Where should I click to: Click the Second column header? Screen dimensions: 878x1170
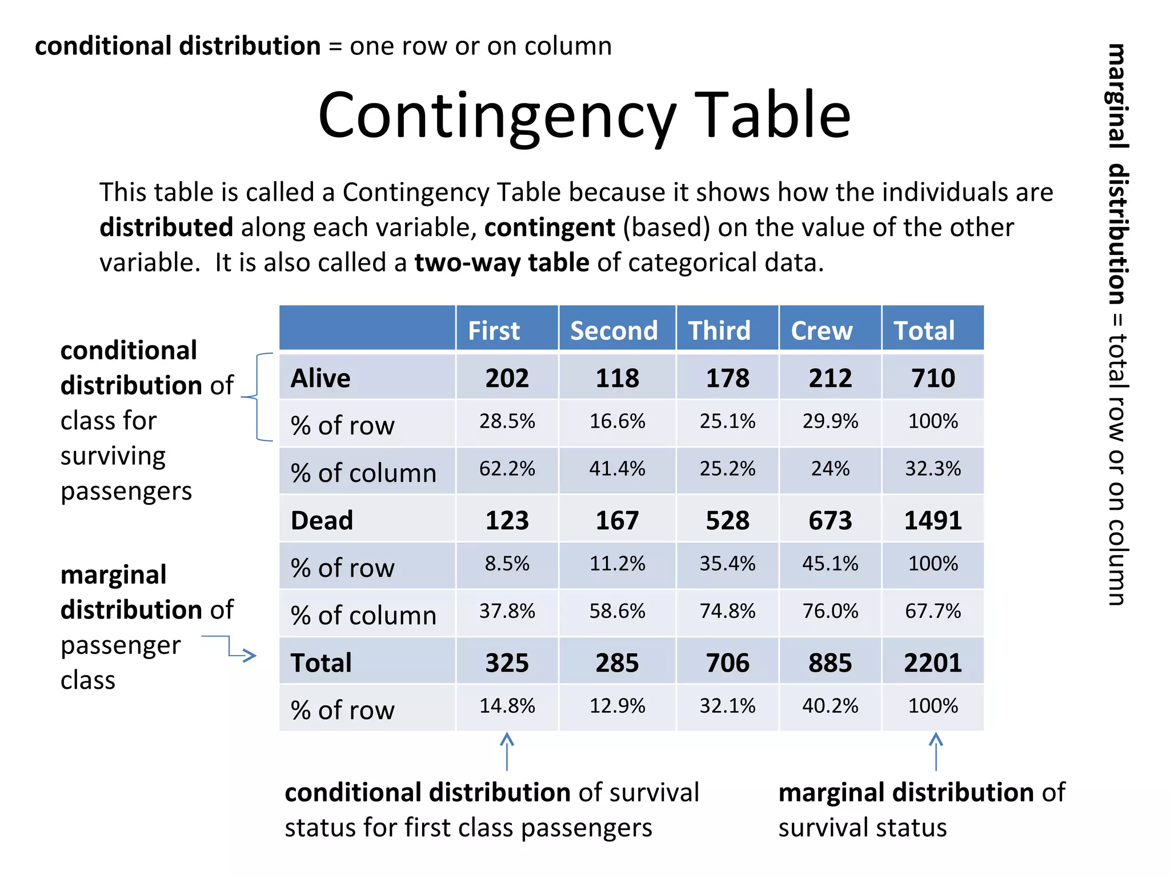click(614, 330)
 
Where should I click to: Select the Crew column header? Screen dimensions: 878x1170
click(822, 330)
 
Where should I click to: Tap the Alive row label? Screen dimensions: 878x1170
click(320, 378)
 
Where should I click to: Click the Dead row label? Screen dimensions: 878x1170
click(322, 520)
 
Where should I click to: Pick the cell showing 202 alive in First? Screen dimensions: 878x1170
click(507, 378)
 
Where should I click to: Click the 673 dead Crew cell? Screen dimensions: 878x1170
click(830, 520)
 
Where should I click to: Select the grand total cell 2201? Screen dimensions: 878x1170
click(932, 663)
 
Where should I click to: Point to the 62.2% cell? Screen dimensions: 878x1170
click(507, 469)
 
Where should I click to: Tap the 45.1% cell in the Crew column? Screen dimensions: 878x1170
click(830, 564)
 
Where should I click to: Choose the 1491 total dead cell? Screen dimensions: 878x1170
click(932, 520)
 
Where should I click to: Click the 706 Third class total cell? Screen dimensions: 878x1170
click(727, 663)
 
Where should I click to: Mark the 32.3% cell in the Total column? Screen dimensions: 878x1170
click(932, 469)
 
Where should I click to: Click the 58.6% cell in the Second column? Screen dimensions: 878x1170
click(617, 611)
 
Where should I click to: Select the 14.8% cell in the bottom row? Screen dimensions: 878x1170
click(507, 706)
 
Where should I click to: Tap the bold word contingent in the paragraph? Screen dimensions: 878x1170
click(549, 228)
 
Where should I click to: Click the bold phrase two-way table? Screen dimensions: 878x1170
click(502, 263)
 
